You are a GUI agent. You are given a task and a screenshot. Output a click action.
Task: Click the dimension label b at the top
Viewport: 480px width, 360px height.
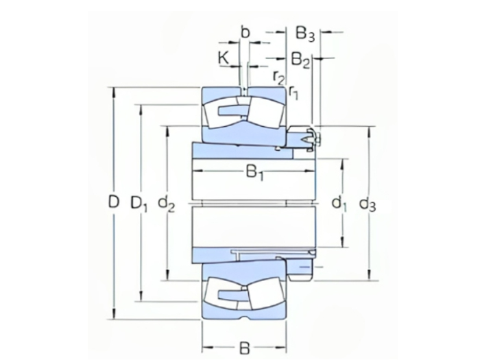coord(245,32)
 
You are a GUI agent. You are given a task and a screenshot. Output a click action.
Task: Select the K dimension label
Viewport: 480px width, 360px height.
coord(224,58)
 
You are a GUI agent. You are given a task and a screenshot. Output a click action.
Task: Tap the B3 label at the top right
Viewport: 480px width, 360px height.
coord(304,34)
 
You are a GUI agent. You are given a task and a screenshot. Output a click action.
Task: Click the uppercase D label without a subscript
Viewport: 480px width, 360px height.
coord(114,203)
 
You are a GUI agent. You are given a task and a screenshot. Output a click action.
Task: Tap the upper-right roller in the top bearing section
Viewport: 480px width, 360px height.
coord(264,112)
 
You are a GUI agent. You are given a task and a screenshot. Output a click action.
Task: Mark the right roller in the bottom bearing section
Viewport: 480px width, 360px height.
coord(264,293)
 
